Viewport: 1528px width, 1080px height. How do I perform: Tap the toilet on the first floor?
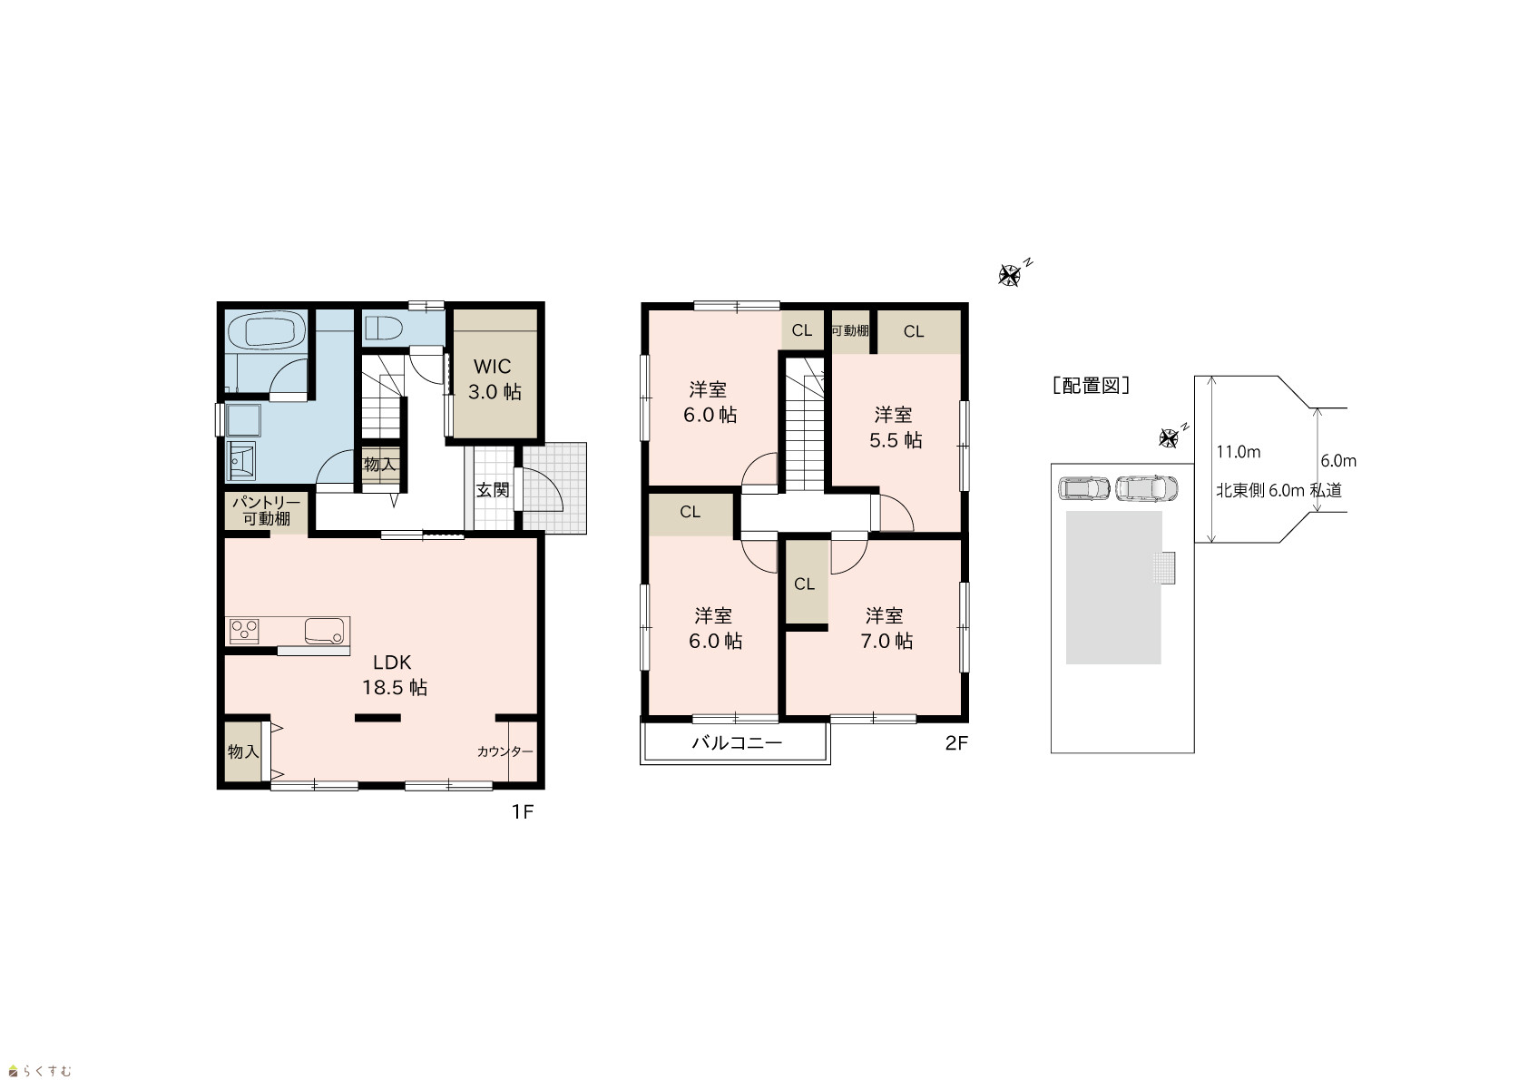tap(386, 329)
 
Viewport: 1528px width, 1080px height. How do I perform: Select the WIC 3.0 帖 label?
tap(494, 378)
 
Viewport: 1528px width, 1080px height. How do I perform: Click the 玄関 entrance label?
tap(492, 490)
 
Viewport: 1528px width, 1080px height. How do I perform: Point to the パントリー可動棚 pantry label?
tap(266, 510)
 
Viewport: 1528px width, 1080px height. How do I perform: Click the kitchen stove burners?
tap(243, 631)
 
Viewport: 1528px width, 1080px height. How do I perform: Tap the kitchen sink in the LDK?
tap(324, 631)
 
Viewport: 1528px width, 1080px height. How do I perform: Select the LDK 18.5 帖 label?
tap(394, 674)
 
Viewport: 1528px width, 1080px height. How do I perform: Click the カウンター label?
tap(504, 751)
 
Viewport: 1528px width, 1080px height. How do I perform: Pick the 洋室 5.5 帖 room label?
tap(895, 427)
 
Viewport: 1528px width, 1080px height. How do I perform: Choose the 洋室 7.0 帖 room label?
tap(886, 628)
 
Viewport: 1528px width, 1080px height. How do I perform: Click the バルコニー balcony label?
tap(737, 742)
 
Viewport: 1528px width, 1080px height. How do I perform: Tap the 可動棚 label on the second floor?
tap(850, 331)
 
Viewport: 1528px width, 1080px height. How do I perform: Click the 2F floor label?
tap(955, 743)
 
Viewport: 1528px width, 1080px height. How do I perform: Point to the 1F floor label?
tap(523, 812)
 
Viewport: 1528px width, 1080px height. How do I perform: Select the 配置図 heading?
tap(1091, 386)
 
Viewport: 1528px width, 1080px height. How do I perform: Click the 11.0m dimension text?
tap(1238, 452)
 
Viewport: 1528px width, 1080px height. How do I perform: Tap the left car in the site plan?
tap(1084, 488)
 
